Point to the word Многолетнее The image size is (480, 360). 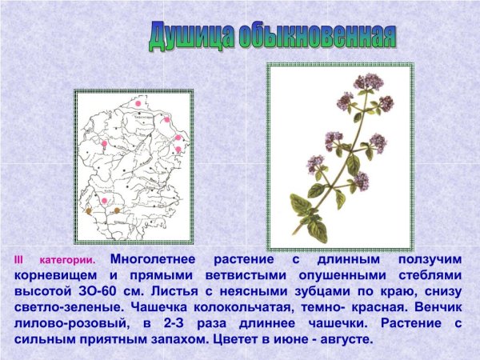pos(157,259)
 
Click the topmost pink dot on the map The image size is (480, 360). pos(138,103)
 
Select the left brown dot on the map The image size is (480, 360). pos(90,212)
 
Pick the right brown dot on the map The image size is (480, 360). pos(118,210)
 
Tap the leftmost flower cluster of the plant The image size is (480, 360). pos(314,162)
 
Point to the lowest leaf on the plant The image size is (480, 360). pos(317,230)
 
